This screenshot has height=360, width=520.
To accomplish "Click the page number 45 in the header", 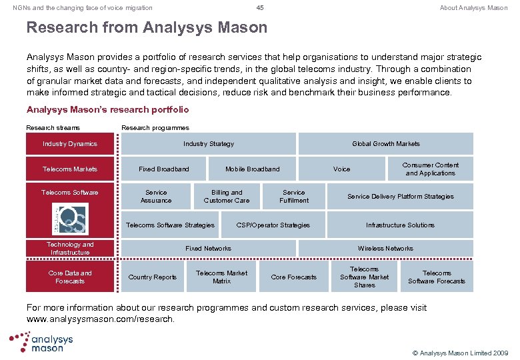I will pos(260,8).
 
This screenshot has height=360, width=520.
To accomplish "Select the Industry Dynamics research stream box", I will pos(70,144).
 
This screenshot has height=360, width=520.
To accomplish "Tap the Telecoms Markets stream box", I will pos(70,169).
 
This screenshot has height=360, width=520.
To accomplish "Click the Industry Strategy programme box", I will pos(209,144).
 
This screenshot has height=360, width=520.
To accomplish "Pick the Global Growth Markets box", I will pos(386,144).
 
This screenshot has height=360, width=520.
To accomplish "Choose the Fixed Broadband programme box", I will pos(164,169).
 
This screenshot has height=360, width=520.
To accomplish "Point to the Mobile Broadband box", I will pos(252,169).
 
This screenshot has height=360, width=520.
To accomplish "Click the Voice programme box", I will pos(341,169).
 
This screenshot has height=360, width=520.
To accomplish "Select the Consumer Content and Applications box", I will pos(431,169).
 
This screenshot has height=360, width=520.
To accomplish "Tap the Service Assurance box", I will pos(156,197).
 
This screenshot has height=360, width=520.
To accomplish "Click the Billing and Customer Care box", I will pos(227,197).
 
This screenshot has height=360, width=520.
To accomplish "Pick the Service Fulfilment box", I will pos(294,197).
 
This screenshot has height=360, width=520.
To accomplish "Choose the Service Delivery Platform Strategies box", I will pos(400,197).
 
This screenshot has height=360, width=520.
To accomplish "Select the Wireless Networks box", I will pos(385,249).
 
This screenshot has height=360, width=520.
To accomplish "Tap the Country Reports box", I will pos(153,277).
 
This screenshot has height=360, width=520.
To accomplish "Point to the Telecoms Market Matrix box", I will pos(221,277).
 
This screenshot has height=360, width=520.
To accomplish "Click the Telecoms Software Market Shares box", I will pos(364,277).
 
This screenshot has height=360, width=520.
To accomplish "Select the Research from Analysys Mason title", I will pos(147,28).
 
